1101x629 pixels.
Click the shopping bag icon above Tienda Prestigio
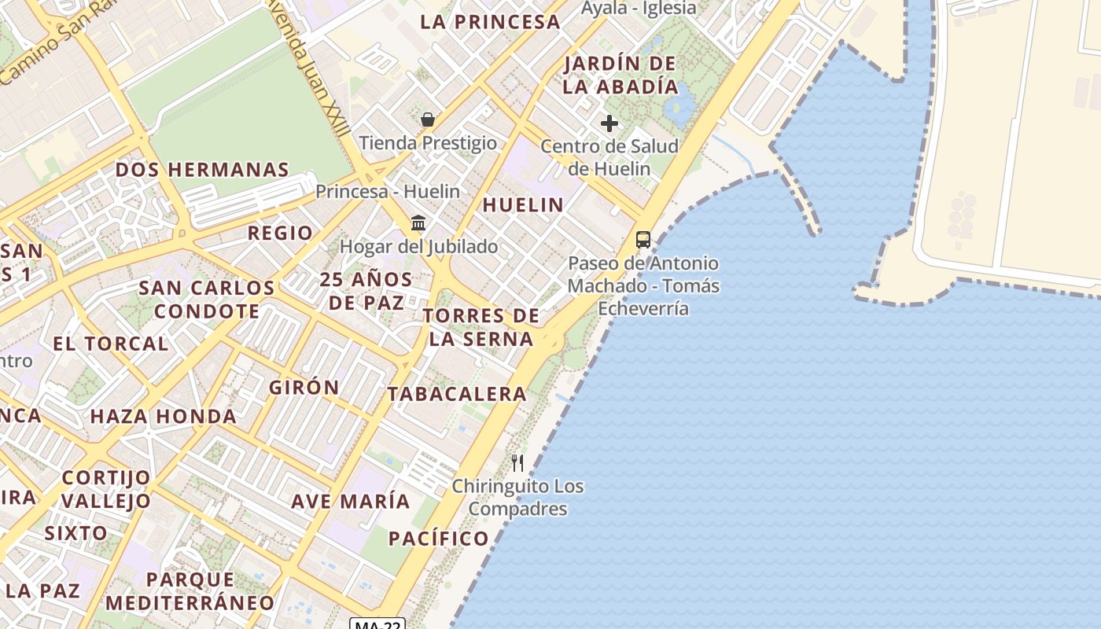coord(428,120)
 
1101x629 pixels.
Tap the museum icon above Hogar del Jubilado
coord(418,223)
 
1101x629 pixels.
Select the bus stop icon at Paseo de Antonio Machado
coord(643,240)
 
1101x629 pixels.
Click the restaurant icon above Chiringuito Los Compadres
coord(517,462)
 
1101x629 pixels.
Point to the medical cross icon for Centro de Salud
coord(609,123)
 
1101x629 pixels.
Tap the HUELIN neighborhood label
coord(523,205)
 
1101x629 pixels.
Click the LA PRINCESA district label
coord(490,22)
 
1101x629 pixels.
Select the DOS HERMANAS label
coord(202,170)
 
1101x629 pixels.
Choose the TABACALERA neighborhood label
coord(457,394)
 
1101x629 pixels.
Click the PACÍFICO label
coord(439,539)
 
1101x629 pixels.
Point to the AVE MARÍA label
coord(351,501)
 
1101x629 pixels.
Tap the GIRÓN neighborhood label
coord(304,388)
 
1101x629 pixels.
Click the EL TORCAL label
coord(111,344)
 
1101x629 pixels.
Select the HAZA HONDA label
coord(164,417)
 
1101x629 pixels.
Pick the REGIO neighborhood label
coord(280,233)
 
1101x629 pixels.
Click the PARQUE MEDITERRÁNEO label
coord(190,591)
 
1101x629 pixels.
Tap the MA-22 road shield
coord(377,624)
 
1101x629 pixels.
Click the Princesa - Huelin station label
coord(388,191)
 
